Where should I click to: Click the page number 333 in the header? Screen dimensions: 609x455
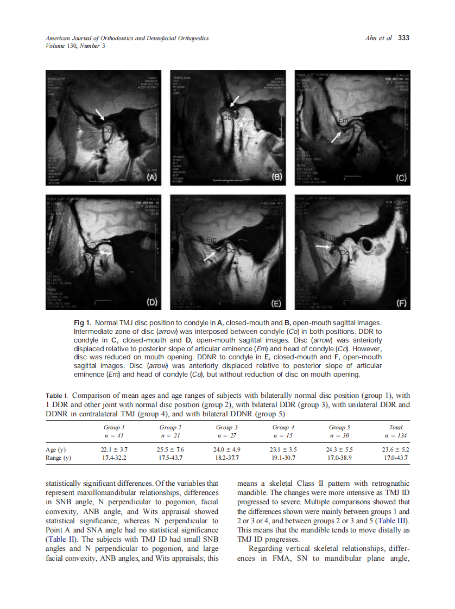(403, 38)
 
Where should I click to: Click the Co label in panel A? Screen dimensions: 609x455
(108, 130)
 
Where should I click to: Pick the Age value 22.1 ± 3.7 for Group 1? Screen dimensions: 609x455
(114, 449)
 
